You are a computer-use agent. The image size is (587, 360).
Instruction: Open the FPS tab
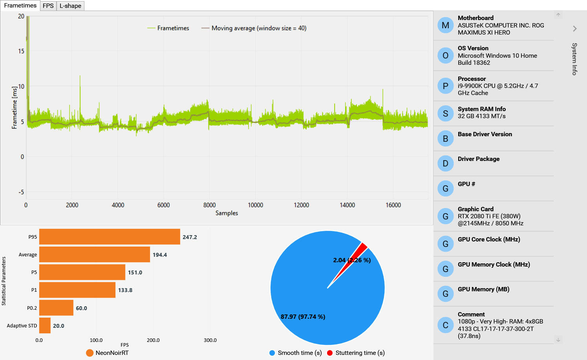click(48, 6)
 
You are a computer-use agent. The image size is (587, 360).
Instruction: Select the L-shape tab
click(70, 6)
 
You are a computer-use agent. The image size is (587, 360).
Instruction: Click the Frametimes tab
click(20, 5)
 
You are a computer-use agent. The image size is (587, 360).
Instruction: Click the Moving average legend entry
click(254, 28)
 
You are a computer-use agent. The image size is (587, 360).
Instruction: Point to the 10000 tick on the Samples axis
click(256, 205)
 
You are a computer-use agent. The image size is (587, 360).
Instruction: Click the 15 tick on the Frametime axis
click(21, 51)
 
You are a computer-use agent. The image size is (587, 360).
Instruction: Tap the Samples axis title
click(227, 213)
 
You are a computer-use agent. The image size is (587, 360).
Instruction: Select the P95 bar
click(110, 237)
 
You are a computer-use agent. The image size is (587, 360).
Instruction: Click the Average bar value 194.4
click(160, 255)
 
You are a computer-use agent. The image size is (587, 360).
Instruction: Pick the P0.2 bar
click(56, 308)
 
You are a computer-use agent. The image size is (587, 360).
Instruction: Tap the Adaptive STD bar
click(45, 325)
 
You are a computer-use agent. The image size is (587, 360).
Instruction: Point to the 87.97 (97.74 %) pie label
click(303, 316)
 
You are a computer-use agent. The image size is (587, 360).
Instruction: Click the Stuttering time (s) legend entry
click(356, 353)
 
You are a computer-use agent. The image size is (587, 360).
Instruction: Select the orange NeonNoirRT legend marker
click(90, 353)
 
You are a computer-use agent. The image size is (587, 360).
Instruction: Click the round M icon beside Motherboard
click(446, 25)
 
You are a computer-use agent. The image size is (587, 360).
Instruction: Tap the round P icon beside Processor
click(446, 86)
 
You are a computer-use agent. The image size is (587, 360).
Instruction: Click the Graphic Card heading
click(475, 209)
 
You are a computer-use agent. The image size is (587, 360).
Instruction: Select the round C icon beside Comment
click(446, 325)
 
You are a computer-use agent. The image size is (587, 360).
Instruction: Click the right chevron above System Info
click(575, 29)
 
